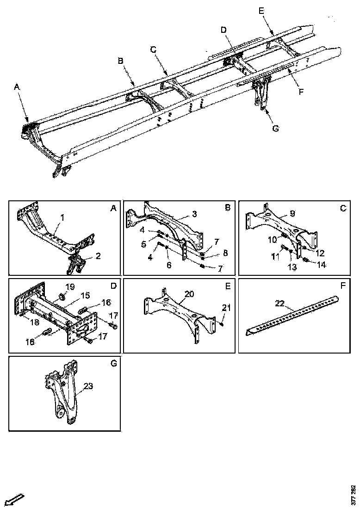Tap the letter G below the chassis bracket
click(276, 129)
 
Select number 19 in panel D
click(69, 287)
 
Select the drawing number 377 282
click(354, 495)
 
